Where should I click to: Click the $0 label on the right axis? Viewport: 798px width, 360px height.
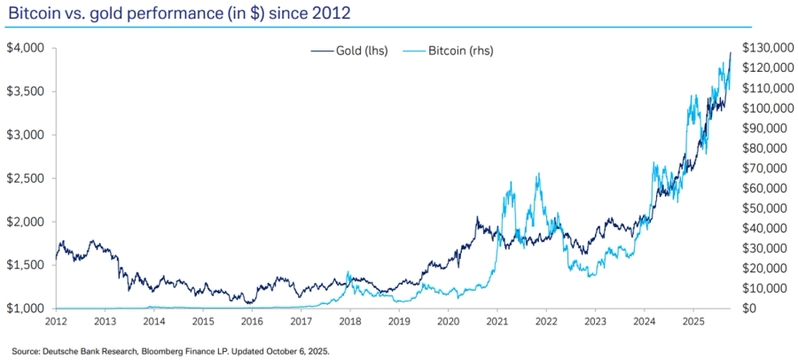[x=750, y=309]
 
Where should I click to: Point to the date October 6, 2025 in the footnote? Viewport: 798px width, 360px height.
[x=299, y=351]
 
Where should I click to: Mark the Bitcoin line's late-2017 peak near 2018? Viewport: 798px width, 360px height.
[x=348, y=272]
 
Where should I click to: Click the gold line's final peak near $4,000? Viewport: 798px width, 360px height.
[x=730, y=53]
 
